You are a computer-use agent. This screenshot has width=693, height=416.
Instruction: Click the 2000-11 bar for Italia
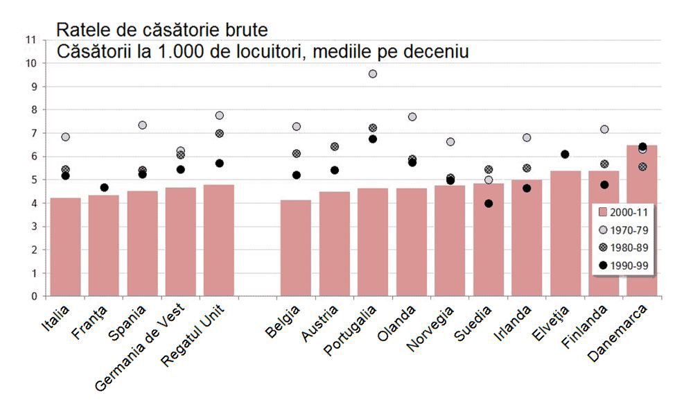coord(65,247)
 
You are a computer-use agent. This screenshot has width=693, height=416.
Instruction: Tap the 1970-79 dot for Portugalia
coord(373,73)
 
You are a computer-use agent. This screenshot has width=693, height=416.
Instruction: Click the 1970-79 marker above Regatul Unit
coord(219,115)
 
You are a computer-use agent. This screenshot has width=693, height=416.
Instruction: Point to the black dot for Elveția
coord(565,154)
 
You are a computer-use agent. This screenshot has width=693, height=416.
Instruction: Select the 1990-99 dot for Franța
coord(104,187)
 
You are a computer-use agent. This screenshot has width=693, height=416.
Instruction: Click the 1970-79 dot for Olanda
coord(412,116)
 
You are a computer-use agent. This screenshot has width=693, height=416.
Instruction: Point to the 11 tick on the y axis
coord(30,40)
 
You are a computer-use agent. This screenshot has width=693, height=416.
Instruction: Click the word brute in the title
coord(243,30)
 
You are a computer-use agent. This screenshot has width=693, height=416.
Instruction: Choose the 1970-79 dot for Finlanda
coord(604,129)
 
